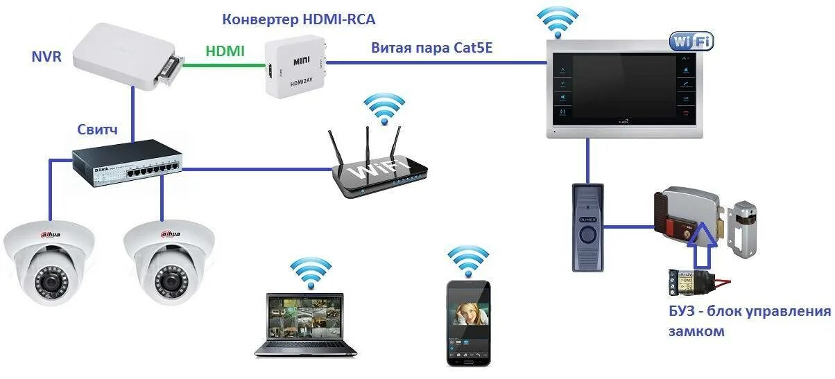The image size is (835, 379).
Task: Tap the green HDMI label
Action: (x=225, y=51)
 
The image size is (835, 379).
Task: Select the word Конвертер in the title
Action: (x=258, y=19)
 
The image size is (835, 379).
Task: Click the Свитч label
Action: (x=97, y=130)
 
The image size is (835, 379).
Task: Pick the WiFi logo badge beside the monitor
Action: (x=691, y=41)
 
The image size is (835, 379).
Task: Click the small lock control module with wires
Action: (x=689, y=282)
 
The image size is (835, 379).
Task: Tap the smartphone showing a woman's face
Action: (x=467, y=322)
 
